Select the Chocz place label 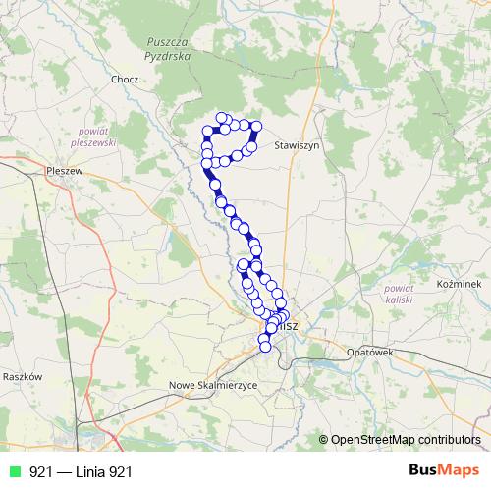126,80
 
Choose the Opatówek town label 369,351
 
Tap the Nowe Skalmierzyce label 213,385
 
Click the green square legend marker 13,472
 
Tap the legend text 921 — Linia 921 81,472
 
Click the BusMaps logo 444,471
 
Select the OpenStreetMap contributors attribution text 406,439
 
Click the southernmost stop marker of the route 264,345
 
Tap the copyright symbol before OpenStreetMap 323,439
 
